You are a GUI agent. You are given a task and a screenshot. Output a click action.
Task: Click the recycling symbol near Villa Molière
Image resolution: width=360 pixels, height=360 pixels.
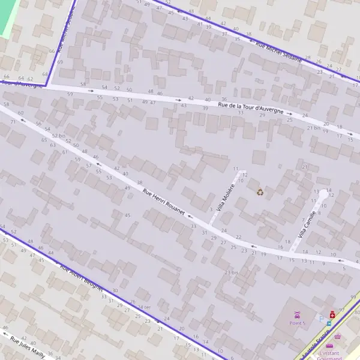click(x=260, y=192)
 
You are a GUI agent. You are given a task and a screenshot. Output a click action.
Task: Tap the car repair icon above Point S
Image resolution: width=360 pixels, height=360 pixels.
click(x=297, y=314)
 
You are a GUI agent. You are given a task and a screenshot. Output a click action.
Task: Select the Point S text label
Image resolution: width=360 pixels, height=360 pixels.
click(x=298, y=323)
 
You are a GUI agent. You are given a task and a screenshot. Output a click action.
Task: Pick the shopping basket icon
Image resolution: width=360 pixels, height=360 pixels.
click(x=337, y=336)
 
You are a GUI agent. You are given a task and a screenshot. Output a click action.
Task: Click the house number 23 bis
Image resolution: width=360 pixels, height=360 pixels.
click(x=232, y=272)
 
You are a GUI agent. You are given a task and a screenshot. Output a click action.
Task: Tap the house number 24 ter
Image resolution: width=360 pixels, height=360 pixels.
click(x=144, y=307)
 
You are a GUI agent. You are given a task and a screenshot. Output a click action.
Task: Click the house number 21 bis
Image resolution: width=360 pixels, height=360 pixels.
click(x=313, y=128)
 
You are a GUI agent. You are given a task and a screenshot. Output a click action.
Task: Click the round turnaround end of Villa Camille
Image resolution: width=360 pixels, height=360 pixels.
click(x=324, y=194)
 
